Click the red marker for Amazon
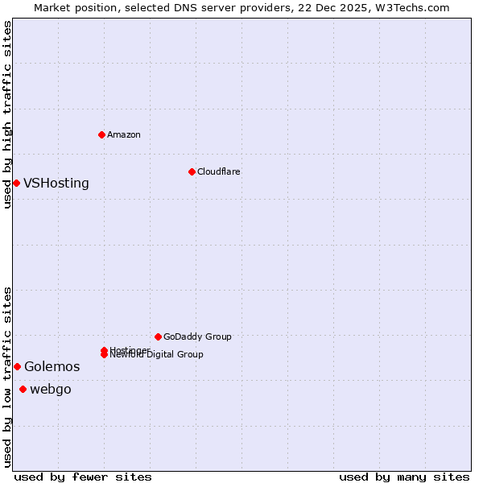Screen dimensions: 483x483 pyautogui.click(x=101, y=134)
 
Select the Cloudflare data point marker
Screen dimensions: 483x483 pyautogui.click(x=192, y=171)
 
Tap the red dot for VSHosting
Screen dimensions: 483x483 pyautogui.click(x=16, y=183)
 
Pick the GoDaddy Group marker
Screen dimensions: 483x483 pyautogui.click(x=158, y=336)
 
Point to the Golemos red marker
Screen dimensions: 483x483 pyautogui.click(x=17, y=366)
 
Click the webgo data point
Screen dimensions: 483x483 pyautogui.click(x=23, y=390)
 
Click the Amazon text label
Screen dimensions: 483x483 pyautogui.click(x=123, y=134)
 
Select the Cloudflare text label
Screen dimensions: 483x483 pyautogui.click(x=218, y=171)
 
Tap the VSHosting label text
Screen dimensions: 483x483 pyautogui.click(x=56, y=184)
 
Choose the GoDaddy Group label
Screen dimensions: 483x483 pyautogui.click(x=197, y=336)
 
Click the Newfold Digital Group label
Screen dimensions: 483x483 pyautogui.click(x=156, y=355)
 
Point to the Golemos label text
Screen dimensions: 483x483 pyautogui.click(x=52, y=367)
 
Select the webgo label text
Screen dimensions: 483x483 pyautogui.click(x=50, y=390)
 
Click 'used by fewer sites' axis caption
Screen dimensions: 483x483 pyautogui.click(x=83, y=477)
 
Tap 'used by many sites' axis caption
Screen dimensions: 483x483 pyautogui.click(x=404, y=477)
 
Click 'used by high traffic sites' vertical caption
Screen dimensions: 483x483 pyautogui.click(x=7, y=114)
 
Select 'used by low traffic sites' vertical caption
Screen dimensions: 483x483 pyautogui.click(x=7, y=377)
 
